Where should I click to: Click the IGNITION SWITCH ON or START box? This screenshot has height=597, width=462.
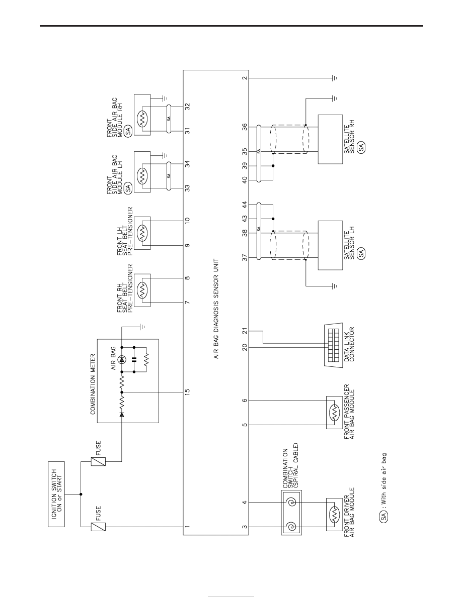pos(56,494)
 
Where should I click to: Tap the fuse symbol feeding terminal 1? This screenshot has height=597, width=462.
pos(98,527)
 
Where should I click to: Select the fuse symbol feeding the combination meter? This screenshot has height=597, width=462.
pos(98,461)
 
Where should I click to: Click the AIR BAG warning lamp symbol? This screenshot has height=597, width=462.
pos(122,359)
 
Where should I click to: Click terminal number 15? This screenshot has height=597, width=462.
pos(187,392)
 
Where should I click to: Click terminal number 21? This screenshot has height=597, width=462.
pos(245,331)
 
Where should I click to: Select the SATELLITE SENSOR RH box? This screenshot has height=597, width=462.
pos(331,139)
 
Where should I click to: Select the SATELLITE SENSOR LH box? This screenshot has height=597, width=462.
pos(331,245)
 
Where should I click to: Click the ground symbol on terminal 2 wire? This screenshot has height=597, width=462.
pos(335,78)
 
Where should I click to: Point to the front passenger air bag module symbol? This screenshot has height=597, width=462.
pos(334,413)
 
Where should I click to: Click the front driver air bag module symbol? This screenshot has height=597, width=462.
pos(334,515)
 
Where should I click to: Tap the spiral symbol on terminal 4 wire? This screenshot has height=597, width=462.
pos(291,502)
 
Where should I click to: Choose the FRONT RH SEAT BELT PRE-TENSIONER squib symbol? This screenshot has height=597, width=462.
pos(142,290)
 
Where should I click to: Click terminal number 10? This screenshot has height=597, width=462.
pos(187,220)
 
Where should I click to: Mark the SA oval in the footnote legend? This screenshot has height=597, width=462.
pos(383,516)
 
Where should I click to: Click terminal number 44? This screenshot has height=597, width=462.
pos(245,205)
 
